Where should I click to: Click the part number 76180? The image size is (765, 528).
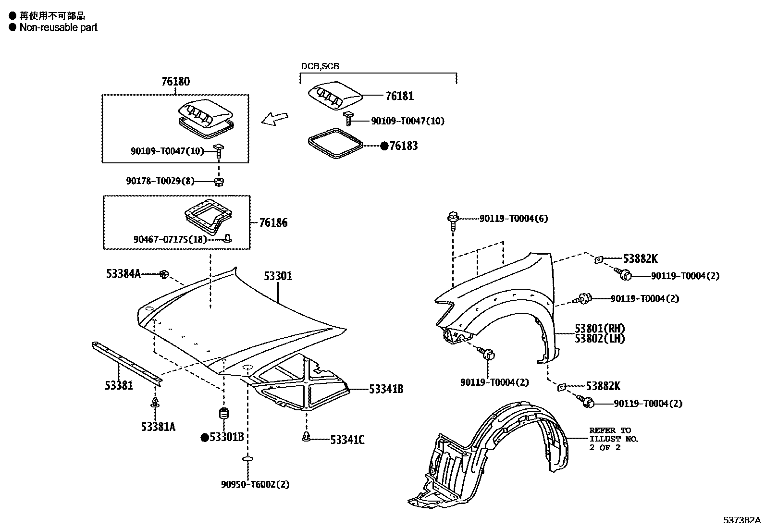pos(175,81)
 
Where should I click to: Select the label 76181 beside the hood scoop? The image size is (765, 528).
pos(399,96)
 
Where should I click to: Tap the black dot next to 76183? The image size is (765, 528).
pos(384,146)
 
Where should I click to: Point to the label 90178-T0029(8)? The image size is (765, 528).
pos(160,181)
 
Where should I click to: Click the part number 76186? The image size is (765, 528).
pos(273,222)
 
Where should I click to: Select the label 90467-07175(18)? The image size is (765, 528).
pos(170,239)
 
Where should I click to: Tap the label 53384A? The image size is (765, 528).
pos(123,274)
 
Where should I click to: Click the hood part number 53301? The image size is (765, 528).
pos(278,276)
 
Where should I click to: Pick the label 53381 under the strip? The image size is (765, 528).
pos(119,385)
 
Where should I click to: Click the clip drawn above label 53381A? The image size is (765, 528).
pos(155,402)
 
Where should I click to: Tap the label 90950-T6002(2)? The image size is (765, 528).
pos(255,484)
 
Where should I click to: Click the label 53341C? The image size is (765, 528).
pos(347,440)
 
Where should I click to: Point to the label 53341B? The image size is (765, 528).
pos(386,389)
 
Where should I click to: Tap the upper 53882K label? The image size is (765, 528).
pos(640,258)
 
